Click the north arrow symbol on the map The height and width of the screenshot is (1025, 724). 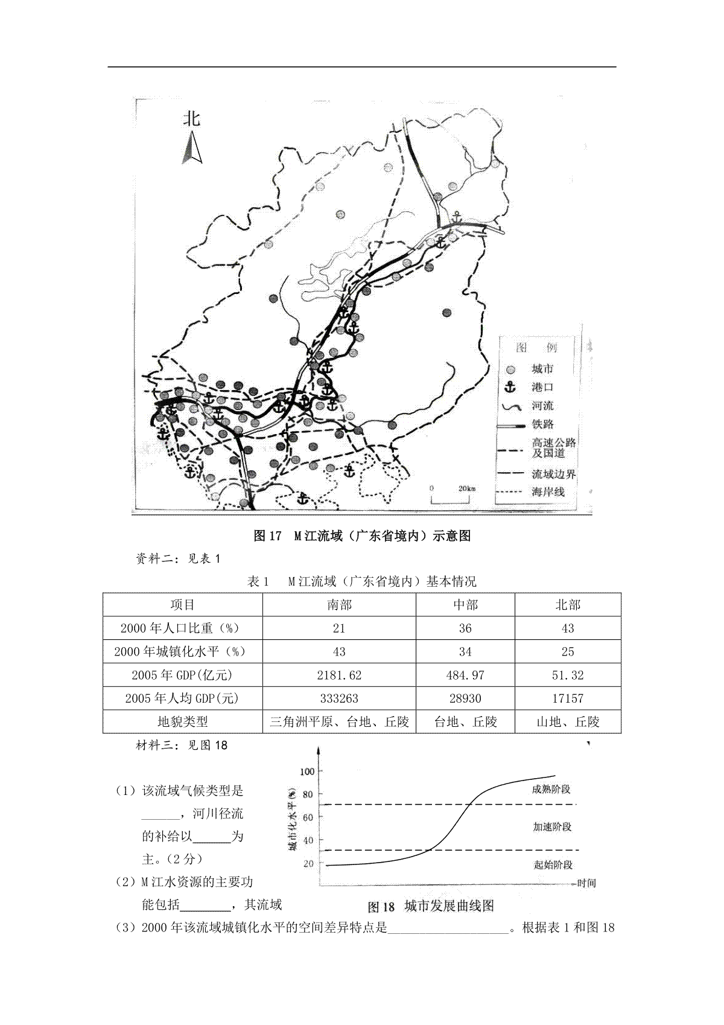pyautogui.click(x=192, y=148)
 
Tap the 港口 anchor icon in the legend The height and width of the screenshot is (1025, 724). pyautogui.click(x=510, y=387)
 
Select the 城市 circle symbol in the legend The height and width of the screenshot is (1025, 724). pyautogui.click(x=511, y=369)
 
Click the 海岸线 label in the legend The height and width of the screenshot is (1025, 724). pyautogui.click(x=548, y=492)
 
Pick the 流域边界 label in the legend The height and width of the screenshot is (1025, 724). pyautogui.click(x=553, y=474)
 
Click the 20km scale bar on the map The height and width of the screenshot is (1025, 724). pyautogui.click(x=451, y=496)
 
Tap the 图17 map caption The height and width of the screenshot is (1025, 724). pyautogui.click(x=362, y=535)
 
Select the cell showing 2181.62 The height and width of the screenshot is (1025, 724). pyautogui.click(x=339, y=675)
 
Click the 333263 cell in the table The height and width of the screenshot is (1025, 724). pyautogui.click(x=339, y=698)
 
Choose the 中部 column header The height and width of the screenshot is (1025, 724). pyautogui.click(x=465, y=605)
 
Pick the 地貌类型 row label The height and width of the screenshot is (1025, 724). pyautogui.click(x=182, y=721)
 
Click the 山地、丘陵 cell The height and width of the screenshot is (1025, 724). pyautogui.click(x=568, y=721)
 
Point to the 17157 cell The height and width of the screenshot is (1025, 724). pyautogui.click(x=568, y=698)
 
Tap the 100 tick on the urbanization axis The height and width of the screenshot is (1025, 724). pyautogui.click(x=307, y=771)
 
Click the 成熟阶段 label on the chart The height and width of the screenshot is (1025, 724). pyautogui.click(x=551, y=789)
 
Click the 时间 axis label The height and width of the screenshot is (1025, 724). pyautogui.click(x=586, y=883)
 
